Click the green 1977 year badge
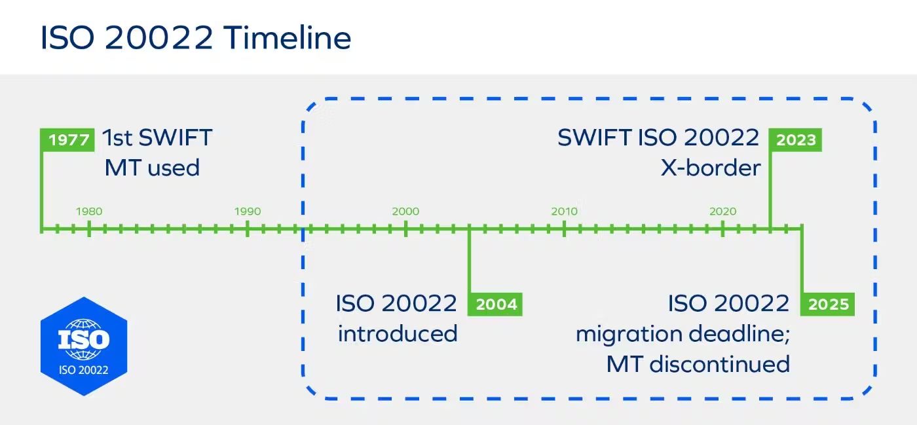coord(68,140)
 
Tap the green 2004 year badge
coord(496,305)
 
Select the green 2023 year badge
coord(796,140)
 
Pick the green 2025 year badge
coord(829,305)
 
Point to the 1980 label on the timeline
coord(89,212)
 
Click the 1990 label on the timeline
coord(248,212)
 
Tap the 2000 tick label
coord(405,212)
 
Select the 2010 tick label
coord(564,212)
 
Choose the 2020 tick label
coord(722,212)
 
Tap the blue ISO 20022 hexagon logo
coord(83,346)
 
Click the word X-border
coord(711,168)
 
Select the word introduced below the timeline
coord(398,333)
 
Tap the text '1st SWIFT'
coord(157,138)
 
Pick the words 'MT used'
coord(152,168)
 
